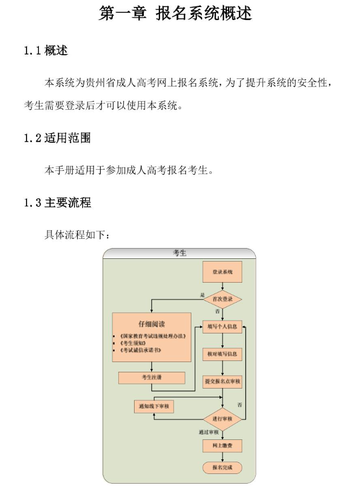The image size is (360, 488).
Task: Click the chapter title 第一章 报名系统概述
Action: click(x=175, y=14)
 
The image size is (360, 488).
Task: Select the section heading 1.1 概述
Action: click(x=46, y=51)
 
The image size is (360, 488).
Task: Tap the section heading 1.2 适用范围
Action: click(x=57, y=138)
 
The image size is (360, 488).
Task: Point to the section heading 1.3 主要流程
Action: click(x=57, y=203)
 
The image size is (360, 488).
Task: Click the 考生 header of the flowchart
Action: click(x=179, y=253)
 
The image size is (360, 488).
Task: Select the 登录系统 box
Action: click(x=222, y=272)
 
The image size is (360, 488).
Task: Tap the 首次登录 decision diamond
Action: click(x=222, y=299)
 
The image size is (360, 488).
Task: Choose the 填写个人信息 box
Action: click(x=222, y=326)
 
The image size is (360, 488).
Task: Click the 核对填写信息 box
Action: click(x=222, y=354)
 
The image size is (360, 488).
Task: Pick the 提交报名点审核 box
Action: click(x=222, y=382)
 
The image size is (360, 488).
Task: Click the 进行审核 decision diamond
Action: click(x=222, y=419)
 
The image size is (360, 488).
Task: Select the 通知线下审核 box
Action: click(x=154, y=406)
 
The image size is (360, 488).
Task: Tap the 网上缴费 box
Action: click(x=222, y=445)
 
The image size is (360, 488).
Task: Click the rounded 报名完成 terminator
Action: click(x=222, y=467)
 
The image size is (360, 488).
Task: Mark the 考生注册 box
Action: click(x=151, y=378)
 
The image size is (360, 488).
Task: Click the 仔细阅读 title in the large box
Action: click(x=151, y=324)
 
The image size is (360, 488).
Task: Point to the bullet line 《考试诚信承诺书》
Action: click(x=141, y=350)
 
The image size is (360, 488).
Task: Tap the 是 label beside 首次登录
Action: click(x=203, y=295)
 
